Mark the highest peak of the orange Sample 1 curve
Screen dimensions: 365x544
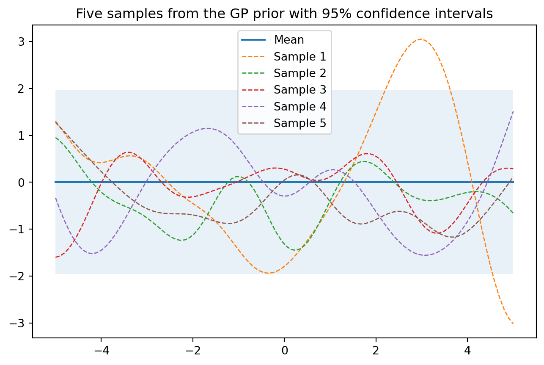(x=420, y=39)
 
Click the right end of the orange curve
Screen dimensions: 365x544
(x=513, y=324)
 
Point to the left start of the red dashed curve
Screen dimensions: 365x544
(x=56, y=257)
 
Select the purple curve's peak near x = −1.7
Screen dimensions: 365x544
(x=207, y=128)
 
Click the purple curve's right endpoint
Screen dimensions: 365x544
(x=513, y=112)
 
